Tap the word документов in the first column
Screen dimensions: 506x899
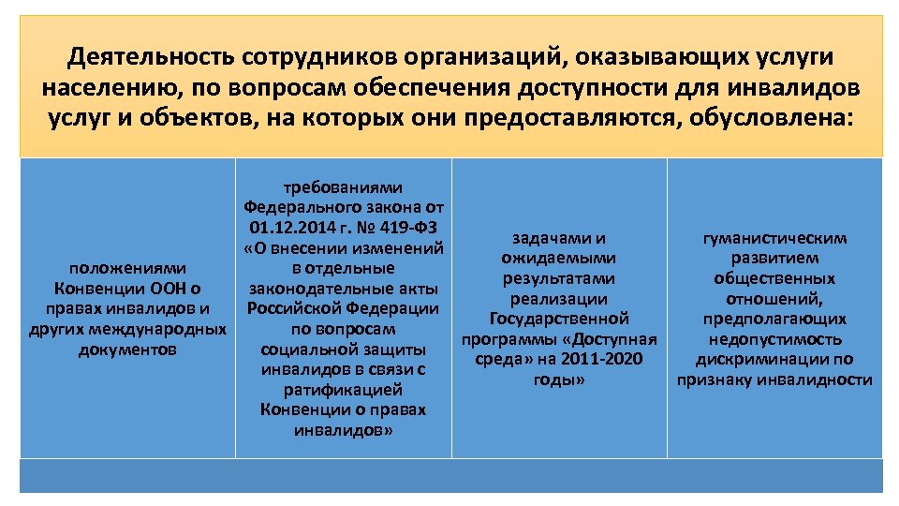(127, 350)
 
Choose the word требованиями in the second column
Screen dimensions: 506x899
(343, 187)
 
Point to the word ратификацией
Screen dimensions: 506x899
(343, 390)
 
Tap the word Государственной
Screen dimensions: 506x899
(559, 320)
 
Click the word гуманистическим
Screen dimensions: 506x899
(774, 238)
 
